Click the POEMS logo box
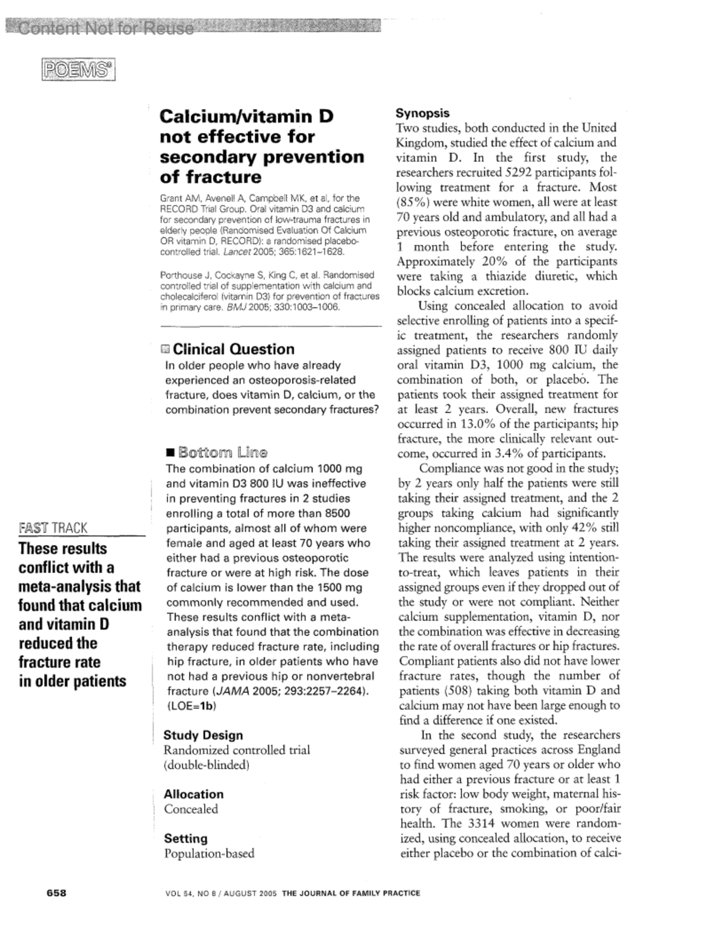(78, 70)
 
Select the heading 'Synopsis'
(422, 113)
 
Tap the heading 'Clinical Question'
(234, 349)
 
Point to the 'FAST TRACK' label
(53, 528)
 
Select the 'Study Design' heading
(203, 735)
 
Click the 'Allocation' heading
(193, 794)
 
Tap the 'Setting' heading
(186, 838)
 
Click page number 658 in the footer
(57, 893)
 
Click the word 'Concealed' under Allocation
(191, 810)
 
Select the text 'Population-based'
(209, 853)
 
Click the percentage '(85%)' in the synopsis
(413, 202)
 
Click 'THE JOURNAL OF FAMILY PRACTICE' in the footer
(351, 893)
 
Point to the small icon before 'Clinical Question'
(166, 349)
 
